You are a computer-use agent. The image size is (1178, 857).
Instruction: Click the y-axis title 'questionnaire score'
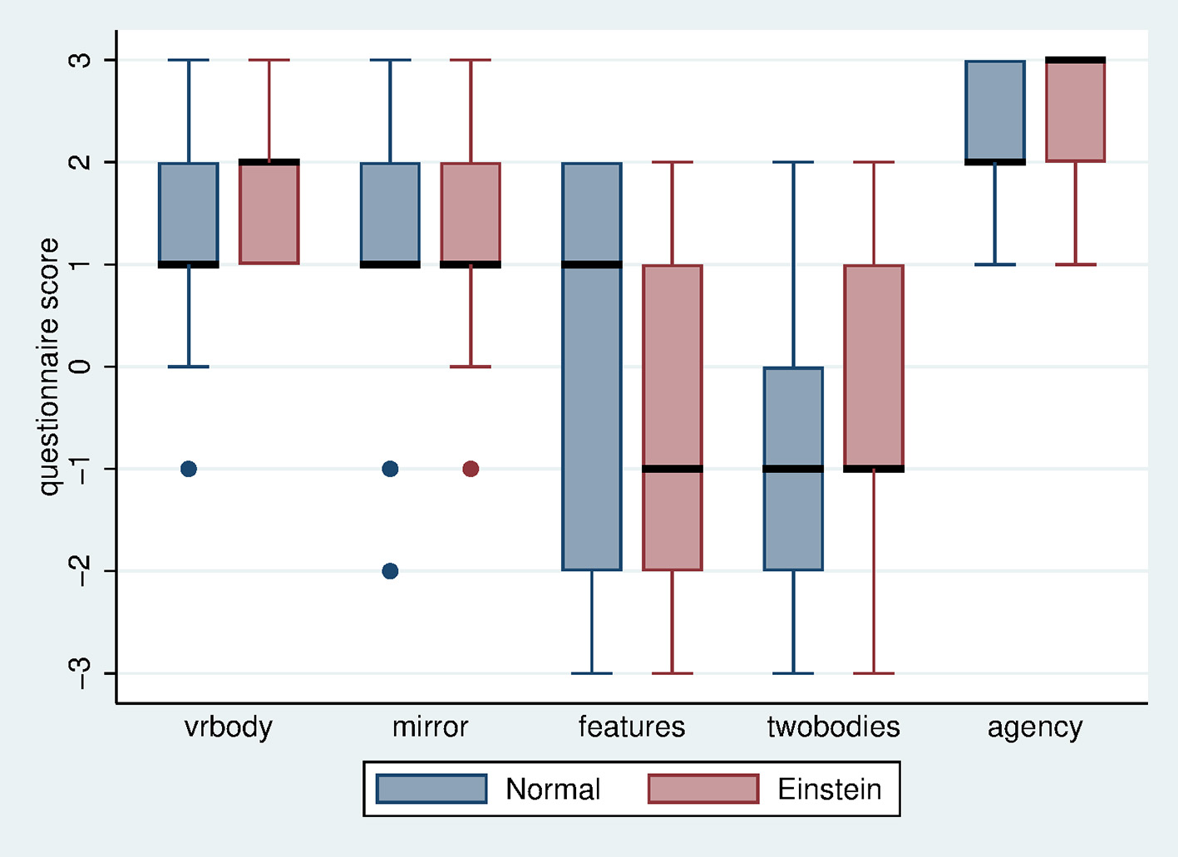[49, 367]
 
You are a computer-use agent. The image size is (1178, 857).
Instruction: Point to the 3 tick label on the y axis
[81, 60]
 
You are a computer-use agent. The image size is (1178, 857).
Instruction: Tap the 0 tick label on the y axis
[81, 367]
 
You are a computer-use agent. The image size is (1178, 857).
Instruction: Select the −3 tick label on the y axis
[81, 672]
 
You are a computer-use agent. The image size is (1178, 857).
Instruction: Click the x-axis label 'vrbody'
[228, 727]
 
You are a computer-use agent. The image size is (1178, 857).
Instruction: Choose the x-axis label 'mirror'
[430, 727]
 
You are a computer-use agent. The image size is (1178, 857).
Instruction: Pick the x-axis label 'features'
[632, 727]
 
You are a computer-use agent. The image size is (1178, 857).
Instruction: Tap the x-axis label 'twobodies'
[833, 727]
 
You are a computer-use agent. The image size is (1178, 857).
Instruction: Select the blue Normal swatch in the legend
[431, 789]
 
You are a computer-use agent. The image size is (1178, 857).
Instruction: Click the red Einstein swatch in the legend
[703, 789]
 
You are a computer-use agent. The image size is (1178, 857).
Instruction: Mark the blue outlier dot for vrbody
[189, 469]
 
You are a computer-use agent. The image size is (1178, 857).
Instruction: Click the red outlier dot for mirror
[471, 469]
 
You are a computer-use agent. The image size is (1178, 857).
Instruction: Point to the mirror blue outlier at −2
[390, 571]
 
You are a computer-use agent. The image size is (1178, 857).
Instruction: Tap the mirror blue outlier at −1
[390, 469]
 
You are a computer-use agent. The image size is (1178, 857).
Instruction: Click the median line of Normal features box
[592, 264]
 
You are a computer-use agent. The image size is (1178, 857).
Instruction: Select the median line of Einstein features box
[673, 469]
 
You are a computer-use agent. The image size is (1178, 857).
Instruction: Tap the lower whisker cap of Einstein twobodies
[874, 672]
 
